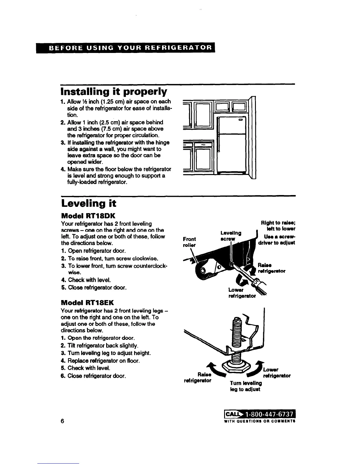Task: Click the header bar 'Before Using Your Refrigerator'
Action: tap(126, 48)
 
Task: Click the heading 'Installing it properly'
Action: tap(114, 92)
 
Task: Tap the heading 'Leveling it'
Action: tap(88, 203)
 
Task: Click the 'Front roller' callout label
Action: tap(189, 242)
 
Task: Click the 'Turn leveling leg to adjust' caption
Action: tap(246, 386)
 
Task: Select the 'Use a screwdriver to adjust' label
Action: tap(276, 240)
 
